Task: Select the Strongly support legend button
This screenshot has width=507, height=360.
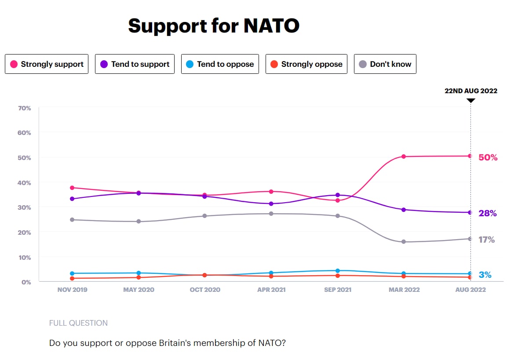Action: click(47, 64)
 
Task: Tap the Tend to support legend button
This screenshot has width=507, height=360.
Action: click(135, 64)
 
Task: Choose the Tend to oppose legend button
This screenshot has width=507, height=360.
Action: click(220, 64)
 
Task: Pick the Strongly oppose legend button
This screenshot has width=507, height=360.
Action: click(306, 64)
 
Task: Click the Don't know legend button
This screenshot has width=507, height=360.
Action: click(385, 64)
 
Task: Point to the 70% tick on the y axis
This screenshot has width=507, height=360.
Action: click(25, 108)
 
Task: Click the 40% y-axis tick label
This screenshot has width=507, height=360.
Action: click(25, 182)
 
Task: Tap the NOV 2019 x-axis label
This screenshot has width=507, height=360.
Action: click(72, 290)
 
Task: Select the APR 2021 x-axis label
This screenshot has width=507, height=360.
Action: click(271, 290)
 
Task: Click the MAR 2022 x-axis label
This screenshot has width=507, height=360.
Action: click(404, 290)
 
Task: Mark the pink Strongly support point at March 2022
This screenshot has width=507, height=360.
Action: click(404, 156)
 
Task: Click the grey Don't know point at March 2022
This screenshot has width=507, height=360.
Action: click(404, 242)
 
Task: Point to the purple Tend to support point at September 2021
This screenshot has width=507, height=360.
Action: click(337, 195)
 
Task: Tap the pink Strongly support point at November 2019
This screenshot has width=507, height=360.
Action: click(72, 188)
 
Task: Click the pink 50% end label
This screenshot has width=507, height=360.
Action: click(488, 157)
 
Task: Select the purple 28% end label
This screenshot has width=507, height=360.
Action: click(488, 214)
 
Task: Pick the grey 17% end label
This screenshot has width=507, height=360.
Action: click(487, 240)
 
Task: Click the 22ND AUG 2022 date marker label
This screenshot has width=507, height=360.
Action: click(471, 91)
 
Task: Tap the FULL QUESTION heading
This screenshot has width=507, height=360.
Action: click(78, 323)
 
